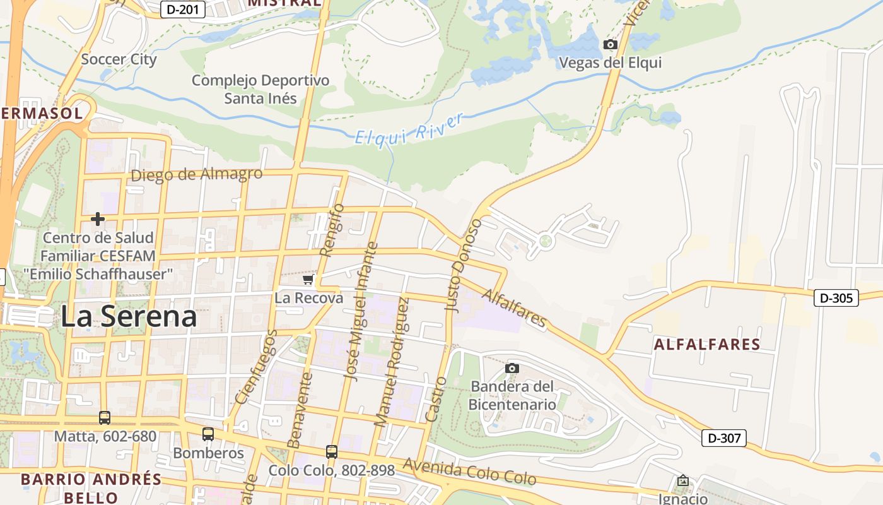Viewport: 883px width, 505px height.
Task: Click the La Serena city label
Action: pyautogui.click(x=129, y=316)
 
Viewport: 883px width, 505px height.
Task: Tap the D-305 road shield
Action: pyautogui.click(x=836, y=298)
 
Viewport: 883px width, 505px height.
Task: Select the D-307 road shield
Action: pyautogui.click(x=724, y=438)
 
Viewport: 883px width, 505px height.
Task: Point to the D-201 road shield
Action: pyautogui.click(x=182, y=9)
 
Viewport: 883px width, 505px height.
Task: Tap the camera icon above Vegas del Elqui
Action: pyautogui.click(x=610, y=44)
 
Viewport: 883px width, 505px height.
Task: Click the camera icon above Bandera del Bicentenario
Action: pyautogui.click(x=512, y=368)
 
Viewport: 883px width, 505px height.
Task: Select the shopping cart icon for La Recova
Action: pyautogui.click(x=308, y=280)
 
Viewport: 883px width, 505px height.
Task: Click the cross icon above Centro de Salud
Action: pyautogui.click(x=98, y=219)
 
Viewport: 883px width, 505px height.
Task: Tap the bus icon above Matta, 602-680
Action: pyautogui.click(x=105, y=418)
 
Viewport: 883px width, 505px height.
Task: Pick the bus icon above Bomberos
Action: pyautogui.click(x=208, y=434)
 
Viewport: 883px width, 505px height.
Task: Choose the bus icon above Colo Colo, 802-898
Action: pyautogui.click(x=332, y=452)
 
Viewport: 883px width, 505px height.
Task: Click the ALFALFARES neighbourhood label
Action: pyautogui.click(x=706, y=345)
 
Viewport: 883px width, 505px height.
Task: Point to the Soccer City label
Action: pyautogui.click(x=119, y=60)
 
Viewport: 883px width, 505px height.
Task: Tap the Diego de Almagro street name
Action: pyautogui.click(x=196, y=174)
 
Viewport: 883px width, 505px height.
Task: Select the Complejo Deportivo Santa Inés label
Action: pyautogui.click(x=260, y=89)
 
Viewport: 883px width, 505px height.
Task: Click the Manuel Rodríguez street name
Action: pyautogui.click(x=392, y=362)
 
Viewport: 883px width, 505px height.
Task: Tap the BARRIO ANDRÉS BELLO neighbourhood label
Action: pyautogui.click(x=91, y=488)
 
